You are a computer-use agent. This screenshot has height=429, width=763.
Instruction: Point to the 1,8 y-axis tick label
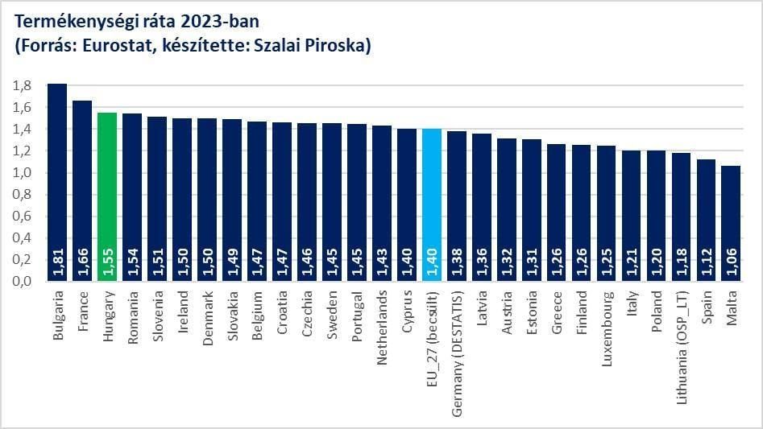[x=23, y=85]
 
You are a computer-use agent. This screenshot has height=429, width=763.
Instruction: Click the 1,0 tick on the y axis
[x=23, y=172]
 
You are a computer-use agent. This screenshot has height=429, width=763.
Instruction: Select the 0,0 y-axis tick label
[x=23, y=281]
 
